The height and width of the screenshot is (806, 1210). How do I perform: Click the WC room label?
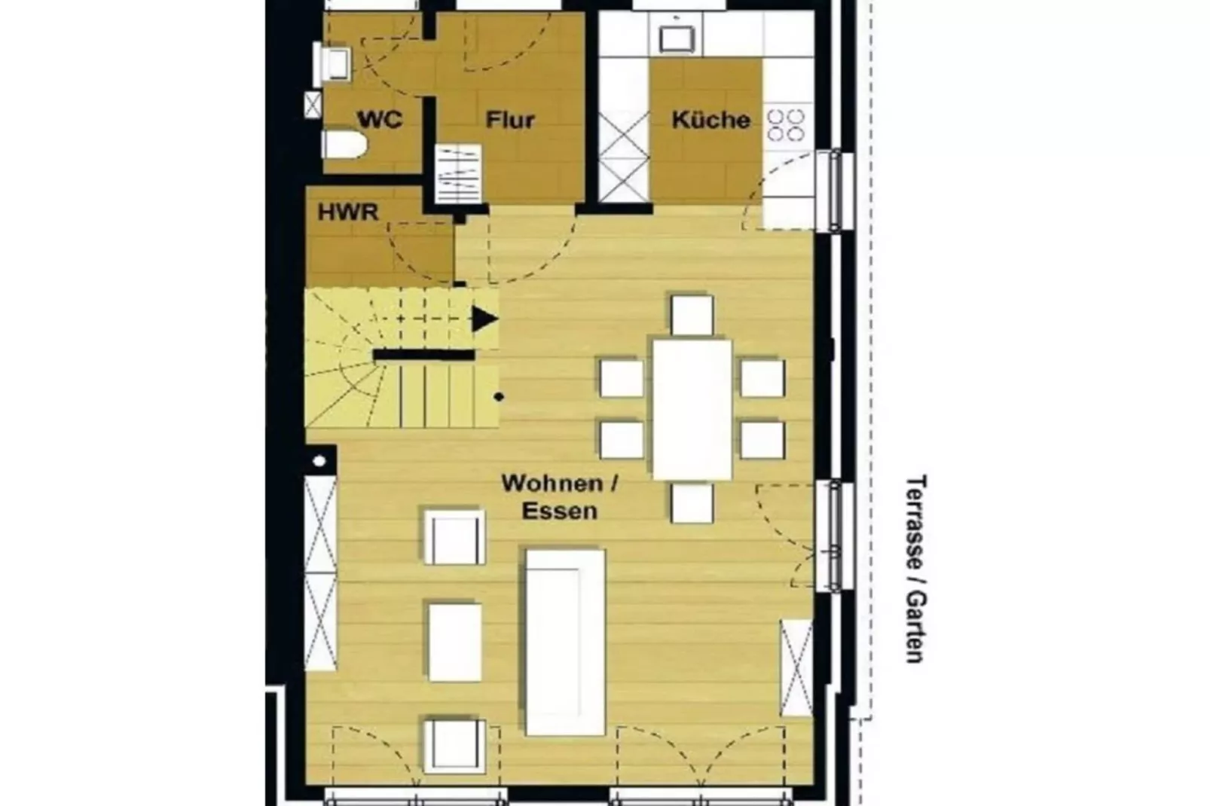point(379,120)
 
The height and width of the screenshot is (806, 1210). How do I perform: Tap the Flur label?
point(510,120)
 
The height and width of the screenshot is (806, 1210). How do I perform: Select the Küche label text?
point(710,120)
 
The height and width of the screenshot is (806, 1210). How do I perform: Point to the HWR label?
point(347,212)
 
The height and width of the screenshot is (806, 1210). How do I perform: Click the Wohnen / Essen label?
point(559,496)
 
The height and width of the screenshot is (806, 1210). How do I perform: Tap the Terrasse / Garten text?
point(915,569)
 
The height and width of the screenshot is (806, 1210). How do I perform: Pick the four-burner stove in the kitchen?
point(786,126)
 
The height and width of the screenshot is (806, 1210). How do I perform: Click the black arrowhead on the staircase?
point(484,319)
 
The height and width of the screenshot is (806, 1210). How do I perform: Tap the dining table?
point(692,409)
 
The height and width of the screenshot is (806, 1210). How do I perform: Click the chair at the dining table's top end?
point(692,315)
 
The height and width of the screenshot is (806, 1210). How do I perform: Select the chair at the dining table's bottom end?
point(692,503)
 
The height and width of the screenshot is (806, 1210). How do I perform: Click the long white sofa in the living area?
point(565,642)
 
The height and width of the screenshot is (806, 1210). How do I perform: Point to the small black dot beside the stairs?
point(499,396)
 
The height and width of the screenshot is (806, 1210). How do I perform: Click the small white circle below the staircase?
point(319,461)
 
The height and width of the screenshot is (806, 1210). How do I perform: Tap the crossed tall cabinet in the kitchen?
point(624,156)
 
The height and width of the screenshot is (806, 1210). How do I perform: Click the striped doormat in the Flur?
point(458,173)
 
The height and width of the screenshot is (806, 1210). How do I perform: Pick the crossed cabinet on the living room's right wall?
point(796,667)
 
